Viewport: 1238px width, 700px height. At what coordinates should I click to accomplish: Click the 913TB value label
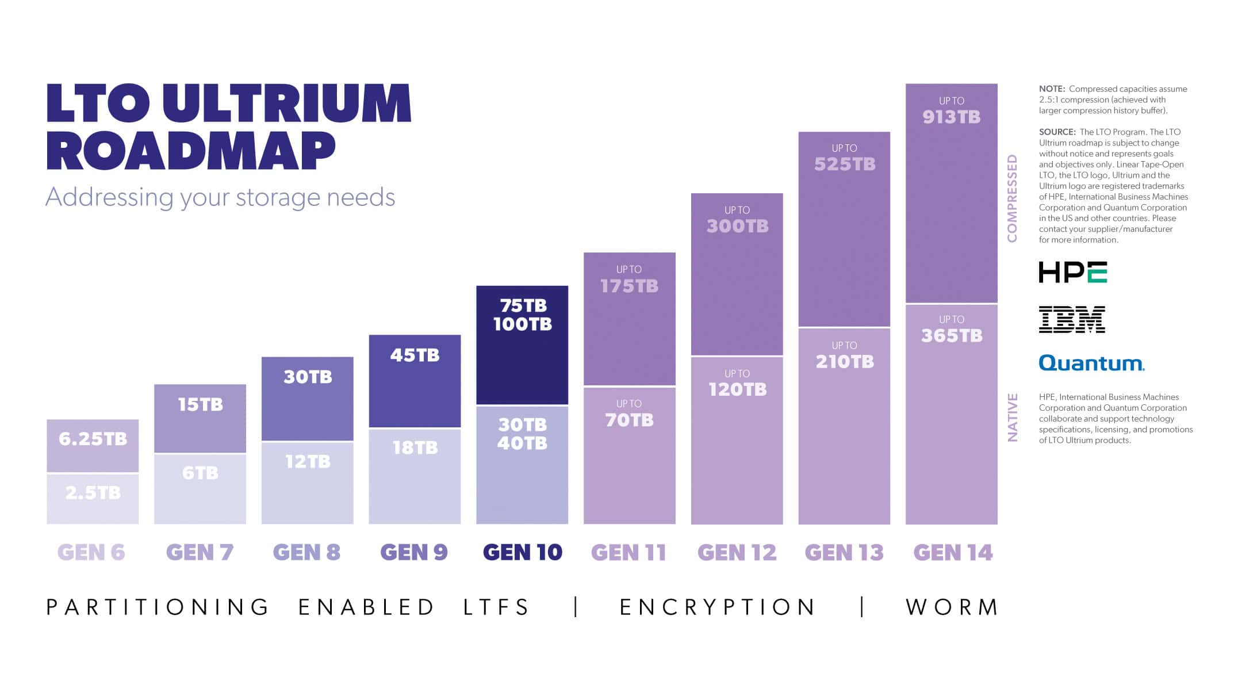pos(951,117)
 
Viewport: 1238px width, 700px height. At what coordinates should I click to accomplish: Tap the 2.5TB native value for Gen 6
pos(93,493)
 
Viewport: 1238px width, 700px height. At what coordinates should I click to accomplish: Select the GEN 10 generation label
pos(522,552)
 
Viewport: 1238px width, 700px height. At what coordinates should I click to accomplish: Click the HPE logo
pos(1072,272)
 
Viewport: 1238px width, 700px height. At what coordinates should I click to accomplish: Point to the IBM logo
pos(1072,319)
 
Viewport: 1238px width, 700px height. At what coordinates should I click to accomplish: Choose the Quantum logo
pos(1091,363)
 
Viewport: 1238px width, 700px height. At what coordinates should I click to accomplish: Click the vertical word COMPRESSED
pos(1012,198)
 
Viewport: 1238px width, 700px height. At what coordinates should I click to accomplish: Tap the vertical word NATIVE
pos(1013,418)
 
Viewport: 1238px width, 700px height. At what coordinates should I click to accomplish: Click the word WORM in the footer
pos(952,607)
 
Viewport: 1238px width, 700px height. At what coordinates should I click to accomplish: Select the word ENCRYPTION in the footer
pos(718,607)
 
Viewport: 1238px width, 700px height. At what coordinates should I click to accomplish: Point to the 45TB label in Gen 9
pos(415,355)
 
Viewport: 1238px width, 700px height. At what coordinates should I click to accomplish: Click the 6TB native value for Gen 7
pos(200,473)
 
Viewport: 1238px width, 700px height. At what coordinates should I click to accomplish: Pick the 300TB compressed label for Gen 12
pos(737,226)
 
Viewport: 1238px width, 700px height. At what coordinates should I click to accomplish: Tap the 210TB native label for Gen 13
pos(844,362)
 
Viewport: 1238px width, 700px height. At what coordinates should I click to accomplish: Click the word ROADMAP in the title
pos(191,151)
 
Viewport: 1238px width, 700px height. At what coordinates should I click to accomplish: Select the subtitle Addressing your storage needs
pos(220,197)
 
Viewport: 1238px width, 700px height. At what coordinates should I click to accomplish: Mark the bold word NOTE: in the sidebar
pos(1052,89)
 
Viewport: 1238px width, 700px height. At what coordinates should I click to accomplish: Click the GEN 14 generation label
pos(953,553)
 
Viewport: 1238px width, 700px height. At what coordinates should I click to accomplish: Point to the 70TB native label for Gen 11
pos(629,420)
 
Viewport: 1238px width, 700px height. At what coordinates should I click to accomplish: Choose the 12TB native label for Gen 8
pos(308,461)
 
